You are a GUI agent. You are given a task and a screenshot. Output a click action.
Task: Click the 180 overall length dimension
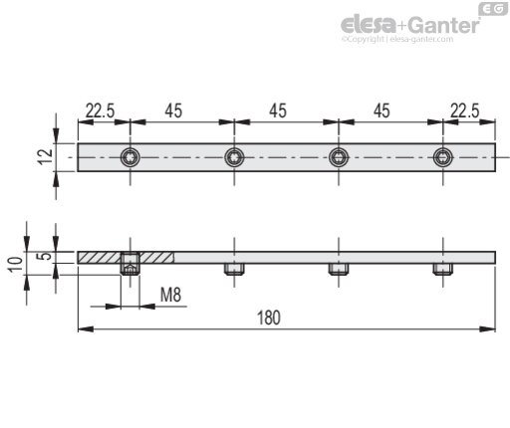(269, 318)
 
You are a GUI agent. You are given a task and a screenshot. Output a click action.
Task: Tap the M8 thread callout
(170, 295)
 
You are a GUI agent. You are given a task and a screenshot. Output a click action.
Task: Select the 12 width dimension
(46, 157)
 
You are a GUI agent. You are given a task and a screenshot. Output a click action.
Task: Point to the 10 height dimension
(16, 265)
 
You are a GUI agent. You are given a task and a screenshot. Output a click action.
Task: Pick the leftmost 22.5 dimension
(100, 110)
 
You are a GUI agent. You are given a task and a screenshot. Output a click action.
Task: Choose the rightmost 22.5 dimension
(465, 110)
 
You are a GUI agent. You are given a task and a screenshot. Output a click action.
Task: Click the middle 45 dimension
(278, 110)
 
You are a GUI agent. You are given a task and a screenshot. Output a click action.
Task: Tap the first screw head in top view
(129, 157)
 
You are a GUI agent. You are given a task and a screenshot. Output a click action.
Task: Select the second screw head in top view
(234, 157)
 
